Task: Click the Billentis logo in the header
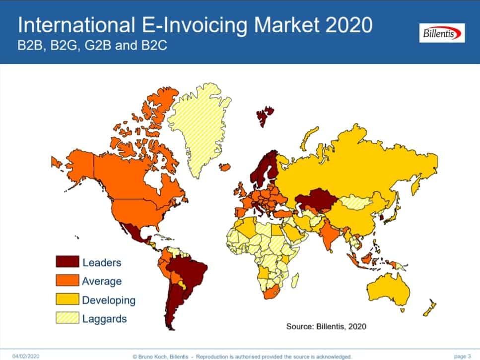[x=441, y=33]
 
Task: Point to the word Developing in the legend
[x=109, y=300]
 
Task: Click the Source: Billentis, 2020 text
[x=326, y=326]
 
